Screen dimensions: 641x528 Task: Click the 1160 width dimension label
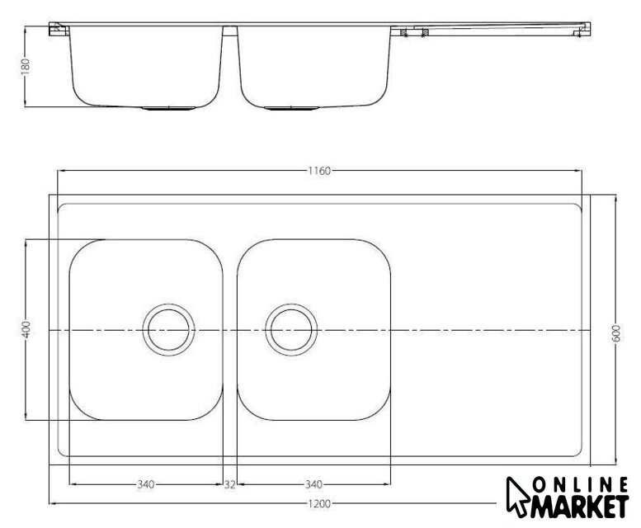319,171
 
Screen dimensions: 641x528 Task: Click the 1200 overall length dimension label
319,504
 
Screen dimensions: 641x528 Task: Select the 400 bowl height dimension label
26,330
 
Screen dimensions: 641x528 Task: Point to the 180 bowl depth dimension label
26,67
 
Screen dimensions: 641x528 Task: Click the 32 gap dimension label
229,484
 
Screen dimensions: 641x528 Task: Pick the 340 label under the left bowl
146,484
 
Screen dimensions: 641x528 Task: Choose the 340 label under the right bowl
313,484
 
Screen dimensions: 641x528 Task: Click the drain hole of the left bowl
168,330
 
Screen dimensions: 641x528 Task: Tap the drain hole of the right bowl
291,330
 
